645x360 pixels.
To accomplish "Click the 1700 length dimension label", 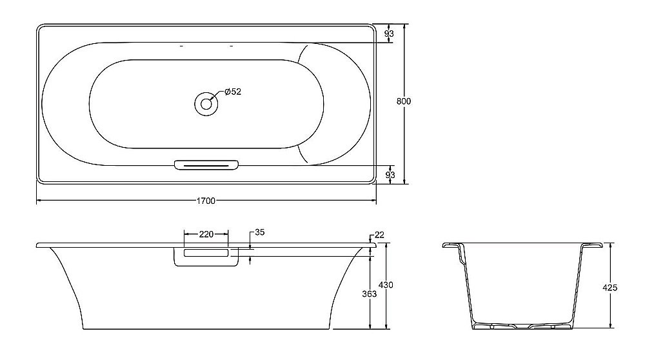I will (x=206, y=201).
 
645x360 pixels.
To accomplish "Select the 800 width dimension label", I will (x=404, y=101).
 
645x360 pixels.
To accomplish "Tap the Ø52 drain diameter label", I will (x=233, y=92).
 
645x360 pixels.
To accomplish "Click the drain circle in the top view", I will (x=206, y=103).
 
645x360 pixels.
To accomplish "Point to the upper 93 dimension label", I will (x=389, y=33).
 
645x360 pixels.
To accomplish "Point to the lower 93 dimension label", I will (x=389, y=174).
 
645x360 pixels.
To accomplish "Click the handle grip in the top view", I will (x=206, y=165).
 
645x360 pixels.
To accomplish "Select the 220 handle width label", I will (x=206, y=234).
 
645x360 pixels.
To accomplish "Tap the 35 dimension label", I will (x=260, y=232).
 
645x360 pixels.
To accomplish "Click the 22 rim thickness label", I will (x=379, y=235).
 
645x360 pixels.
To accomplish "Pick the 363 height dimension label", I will (x=369, y=294).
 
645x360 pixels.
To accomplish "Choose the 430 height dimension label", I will (x=386, y=285).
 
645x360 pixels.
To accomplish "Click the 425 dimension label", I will (x=610, y=288).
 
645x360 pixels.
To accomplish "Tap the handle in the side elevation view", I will (x=206, y=256).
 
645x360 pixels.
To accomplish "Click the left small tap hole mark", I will (x=181, y=47).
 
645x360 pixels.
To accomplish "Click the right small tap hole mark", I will (x=230, y=47).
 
